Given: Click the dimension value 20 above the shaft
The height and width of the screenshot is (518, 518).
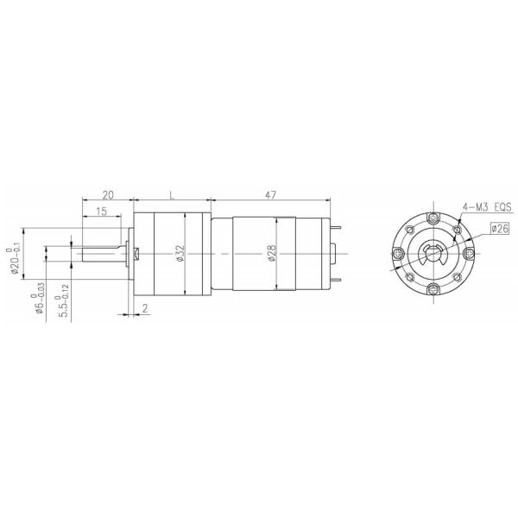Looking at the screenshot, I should click(107, 196).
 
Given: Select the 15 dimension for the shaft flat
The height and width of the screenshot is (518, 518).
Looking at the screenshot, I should click(103, 212).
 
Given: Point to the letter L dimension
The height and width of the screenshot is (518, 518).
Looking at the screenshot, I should click(173, 196).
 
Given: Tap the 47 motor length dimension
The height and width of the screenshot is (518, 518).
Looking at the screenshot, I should click(270, 196).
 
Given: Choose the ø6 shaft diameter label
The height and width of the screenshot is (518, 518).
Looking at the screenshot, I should click(39, 302).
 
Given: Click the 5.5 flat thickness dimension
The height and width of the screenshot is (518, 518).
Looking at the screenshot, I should click(62, 307).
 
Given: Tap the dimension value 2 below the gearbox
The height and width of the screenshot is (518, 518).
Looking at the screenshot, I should click(144, 307).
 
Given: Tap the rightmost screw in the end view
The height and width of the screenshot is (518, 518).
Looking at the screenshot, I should click(468, 252).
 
